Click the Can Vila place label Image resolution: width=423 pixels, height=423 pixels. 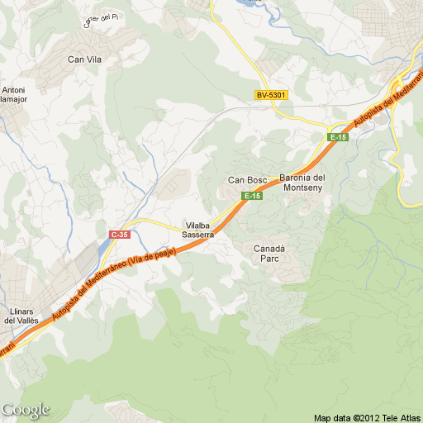tap(84, 59)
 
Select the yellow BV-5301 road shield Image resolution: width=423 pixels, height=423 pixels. tap(271, 96)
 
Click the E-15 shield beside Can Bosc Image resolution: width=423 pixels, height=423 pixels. tap(252, 196)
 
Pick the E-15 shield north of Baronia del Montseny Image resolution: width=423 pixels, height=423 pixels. tap(338, 137)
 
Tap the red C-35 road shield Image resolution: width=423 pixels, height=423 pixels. tap(120, 235)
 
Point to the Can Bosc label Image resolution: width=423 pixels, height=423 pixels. tap(246, 180)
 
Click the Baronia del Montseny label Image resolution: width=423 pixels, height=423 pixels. tap(302, 183)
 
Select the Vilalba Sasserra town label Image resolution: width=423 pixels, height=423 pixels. tap(199, 230)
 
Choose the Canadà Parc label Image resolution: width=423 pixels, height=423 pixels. tap(269, 253)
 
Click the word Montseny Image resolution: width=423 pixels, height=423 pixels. tap(302, 188)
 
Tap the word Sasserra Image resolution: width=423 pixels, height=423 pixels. tap(199, 235)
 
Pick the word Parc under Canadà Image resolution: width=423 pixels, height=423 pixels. tap(269, 259)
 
